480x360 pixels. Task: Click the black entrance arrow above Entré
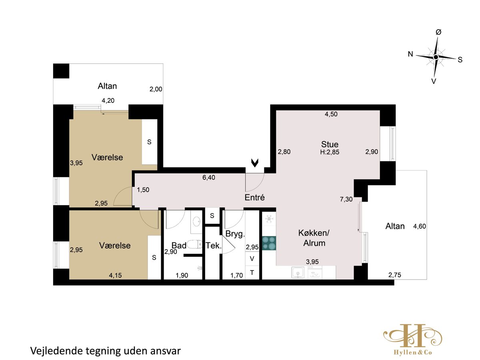coord(255,163)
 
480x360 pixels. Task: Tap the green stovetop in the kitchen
coord(269,243)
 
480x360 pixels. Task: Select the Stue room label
coord(330,144)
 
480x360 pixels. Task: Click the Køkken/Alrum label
coord(314,238)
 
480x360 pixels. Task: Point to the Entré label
coord(254,197)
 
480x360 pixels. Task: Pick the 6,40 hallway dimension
coord(209,178)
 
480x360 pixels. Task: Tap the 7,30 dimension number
coord(346,199)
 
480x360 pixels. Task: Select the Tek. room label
coord(214,246)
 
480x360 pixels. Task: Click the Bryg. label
coord(235,234)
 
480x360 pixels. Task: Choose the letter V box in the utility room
coord(252,258)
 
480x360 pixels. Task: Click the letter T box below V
coord(252,272)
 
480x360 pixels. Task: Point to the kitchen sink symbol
coord(298,272)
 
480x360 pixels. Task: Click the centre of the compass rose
coord(436,57)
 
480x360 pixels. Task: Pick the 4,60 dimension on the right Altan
coord(420,226)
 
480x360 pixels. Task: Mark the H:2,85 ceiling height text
coord(330,152)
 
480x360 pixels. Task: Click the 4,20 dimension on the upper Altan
coord(108,100)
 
